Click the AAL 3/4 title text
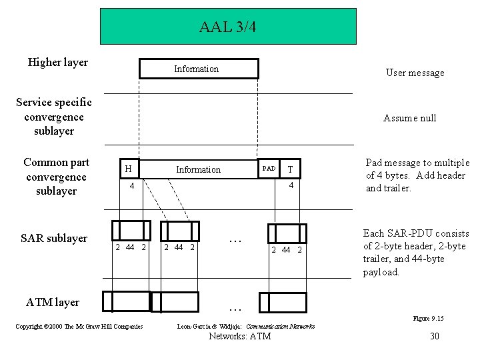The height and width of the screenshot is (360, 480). pyautogui.click(x=227, y=27)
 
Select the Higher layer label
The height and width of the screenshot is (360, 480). pyautogui.click(x=58, y=63)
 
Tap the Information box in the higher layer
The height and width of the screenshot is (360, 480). pyautogui.click(x=198, y=69)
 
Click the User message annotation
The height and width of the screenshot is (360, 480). pyautogui.click(x=415, y=73)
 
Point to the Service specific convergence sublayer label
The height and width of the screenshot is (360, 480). pyautogui.click(x=54, y=117)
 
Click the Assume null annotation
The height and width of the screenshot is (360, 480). pyautogui.click(x=409, y=118)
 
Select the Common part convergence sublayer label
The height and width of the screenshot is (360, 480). pyautogui.click(x=55, y=177)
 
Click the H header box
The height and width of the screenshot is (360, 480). pyautogui.click(x=127, y=169)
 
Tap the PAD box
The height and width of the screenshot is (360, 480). pyautogui.click(x=269, y=169)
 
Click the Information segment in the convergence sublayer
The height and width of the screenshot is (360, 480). pyautogui.click(x=198, y=169)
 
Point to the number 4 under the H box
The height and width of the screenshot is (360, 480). pyautogui.click(x=132, y=186)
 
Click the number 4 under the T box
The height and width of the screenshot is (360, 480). pyautogui.click(x=291, y=186)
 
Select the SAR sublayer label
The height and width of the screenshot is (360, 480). pyautogui.click(x=54, y=238)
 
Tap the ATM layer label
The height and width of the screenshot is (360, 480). pyautogui.click(x=53, y=302)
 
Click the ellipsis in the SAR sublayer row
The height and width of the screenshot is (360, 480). pyautogui.click(x=234, y=240)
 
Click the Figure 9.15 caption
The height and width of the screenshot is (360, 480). pyautogui.click(x=428, y=319)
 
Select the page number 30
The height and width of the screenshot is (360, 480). pyautogui.click(x=435, y=336)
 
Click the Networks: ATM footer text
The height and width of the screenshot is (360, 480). pyautogui.click(x=240, y=336)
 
